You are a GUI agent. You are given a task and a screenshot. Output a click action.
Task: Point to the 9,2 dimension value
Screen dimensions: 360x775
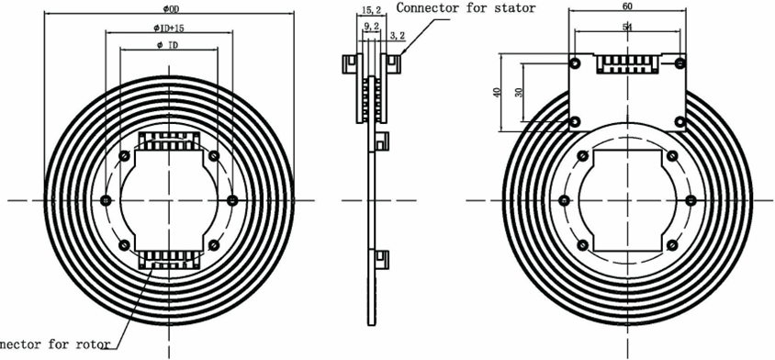coord(372,27)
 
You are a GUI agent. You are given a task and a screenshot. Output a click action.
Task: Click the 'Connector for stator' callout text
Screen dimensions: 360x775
coord(466,7)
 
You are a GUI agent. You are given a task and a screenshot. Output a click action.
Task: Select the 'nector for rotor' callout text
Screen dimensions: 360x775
coord(55,345)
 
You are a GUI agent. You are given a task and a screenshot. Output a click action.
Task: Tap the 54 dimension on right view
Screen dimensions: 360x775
coord(627,27)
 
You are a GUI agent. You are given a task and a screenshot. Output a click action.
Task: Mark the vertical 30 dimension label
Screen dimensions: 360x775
coord(518,93)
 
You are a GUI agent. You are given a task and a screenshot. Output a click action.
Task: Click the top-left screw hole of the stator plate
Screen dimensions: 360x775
coord(575,63)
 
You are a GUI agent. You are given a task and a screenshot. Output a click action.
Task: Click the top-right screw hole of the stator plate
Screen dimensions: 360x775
coord(680,63)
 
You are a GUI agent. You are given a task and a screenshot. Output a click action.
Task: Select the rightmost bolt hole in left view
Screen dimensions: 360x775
coord(231,200)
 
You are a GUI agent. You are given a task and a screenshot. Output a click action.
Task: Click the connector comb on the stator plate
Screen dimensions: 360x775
coord(627,64)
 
